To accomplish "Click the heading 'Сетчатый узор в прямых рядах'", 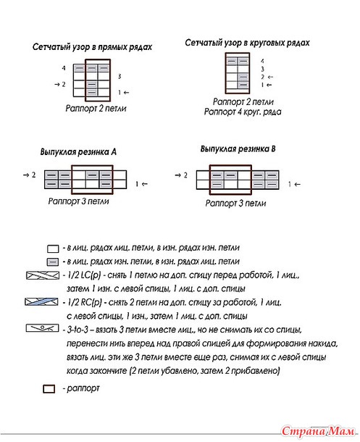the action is point(92,47).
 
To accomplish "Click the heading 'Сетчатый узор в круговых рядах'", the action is point(247,43).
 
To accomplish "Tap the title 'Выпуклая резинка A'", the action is point(78,152).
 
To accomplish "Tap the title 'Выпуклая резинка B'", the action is point(238,149).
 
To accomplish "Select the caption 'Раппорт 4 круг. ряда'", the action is point(243,112).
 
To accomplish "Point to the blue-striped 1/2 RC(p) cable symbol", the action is point(42,302).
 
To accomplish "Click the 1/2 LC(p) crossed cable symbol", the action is point(43,275).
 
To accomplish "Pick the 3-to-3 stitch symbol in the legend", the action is point(42,328).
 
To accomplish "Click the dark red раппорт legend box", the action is point(49,389).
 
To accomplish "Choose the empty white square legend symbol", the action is point(53,249).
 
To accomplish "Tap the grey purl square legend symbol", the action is point(53,262).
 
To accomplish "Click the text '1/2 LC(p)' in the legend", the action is point(84,275).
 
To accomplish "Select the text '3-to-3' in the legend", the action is point(78,330).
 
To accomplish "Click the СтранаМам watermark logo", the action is point(318,431).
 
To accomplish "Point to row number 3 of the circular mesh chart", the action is point(262,69).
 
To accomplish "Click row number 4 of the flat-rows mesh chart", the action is point(64,68).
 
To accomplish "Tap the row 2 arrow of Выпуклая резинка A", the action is point(26,175).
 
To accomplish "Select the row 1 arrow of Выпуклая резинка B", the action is point(298,184).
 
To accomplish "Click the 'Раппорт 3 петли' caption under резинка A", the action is point(78,201).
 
